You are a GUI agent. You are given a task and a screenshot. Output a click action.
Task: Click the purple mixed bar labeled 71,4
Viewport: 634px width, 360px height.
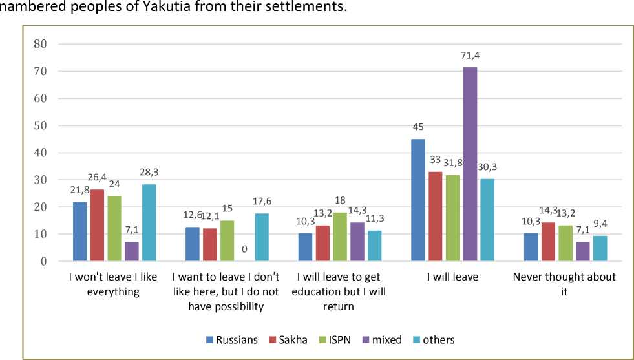click(x=469, y=164)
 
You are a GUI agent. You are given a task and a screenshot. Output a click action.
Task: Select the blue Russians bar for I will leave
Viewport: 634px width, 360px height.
click(x=418, y=200)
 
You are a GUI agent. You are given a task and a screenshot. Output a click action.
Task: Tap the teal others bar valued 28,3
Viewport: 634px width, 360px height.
click(x=149, y=223)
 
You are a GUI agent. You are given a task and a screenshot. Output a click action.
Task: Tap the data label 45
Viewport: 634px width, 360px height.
click(x=418, y=127)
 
